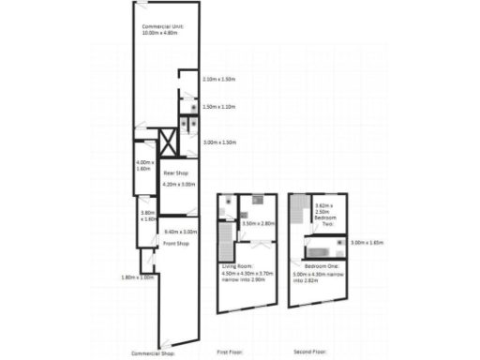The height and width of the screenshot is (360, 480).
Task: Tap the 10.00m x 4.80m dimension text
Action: coord(161,33)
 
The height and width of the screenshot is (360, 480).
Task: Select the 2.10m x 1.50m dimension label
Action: coord(219,79)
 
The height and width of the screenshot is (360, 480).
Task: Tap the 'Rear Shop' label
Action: coord(177,173)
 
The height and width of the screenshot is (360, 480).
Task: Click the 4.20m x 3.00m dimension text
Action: coord(179,185)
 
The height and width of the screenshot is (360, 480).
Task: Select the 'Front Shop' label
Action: coord(176,243)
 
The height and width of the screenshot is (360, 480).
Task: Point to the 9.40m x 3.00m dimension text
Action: coord(180,232)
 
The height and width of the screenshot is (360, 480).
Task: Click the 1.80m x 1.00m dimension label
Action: coord(138,277)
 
